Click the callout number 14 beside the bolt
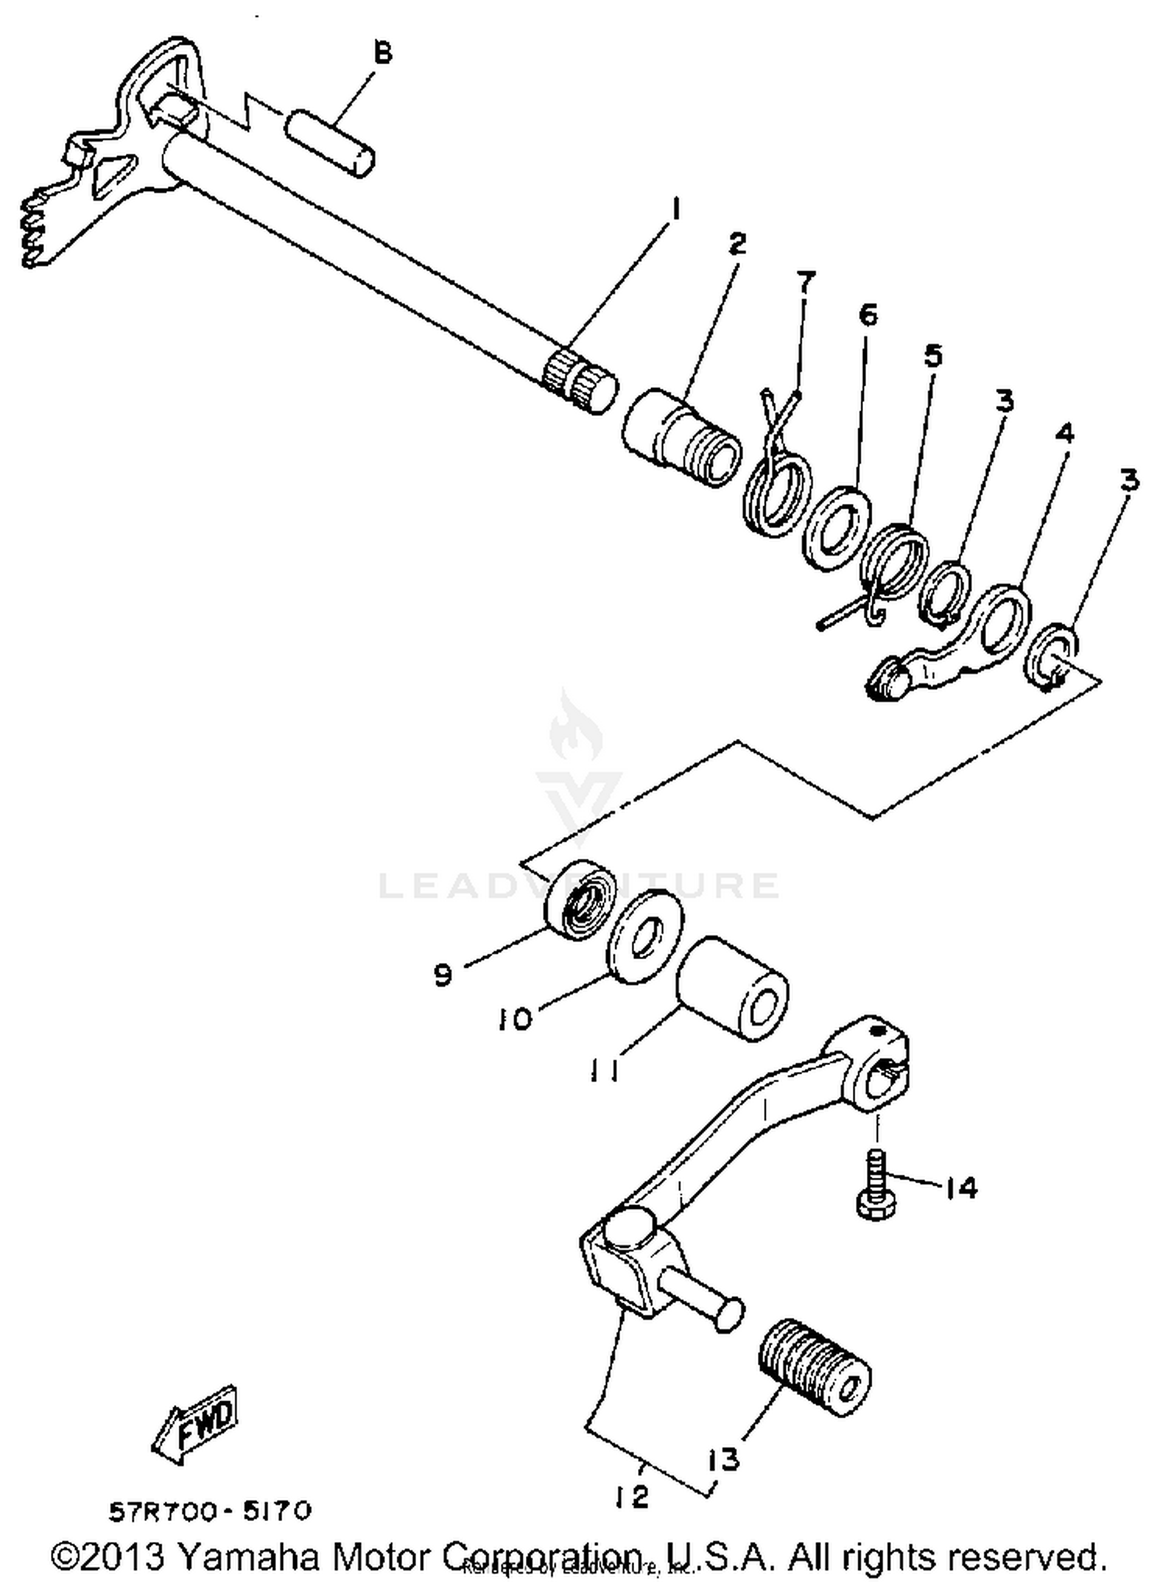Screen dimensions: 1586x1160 [961, 1187]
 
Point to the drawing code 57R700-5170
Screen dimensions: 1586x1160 [210, 1511]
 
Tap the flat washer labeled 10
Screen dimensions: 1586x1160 [644, 936]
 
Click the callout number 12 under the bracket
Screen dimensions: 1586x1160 [633, 1496]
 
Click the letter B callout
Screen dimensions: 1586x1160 [383, 54]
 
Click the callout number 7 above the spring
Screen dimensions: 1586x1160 [805, 283]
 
